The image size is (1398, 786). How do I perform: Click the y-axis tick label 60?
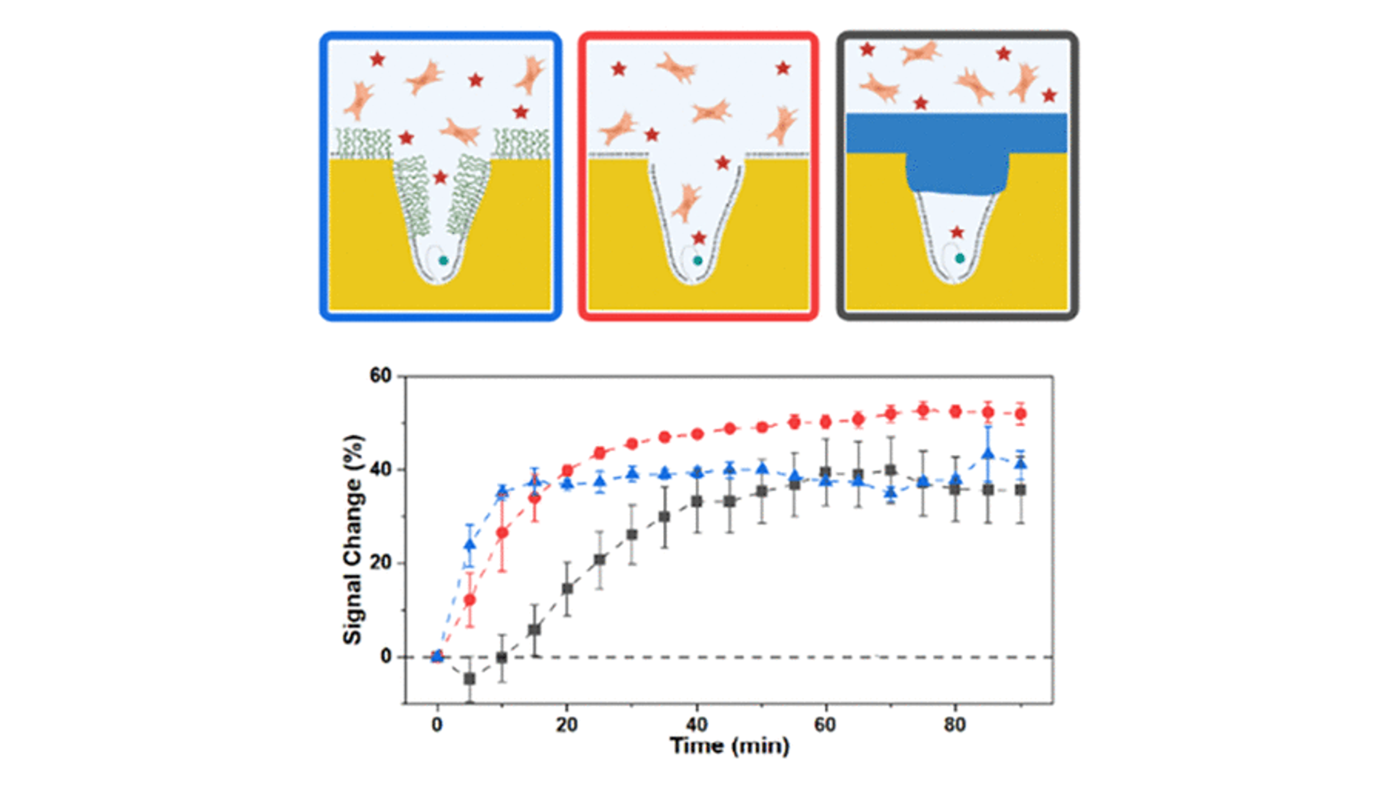pos(380,376)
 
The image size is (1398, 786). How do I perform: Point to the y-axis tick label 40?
pos(380,470)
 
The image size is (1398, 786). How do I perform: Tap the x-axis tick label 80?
pos(955,725)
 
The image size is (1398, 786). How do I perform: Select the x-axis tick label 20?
pos(566,725)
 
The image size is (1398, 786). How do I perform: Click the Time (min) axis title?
pos(730,746)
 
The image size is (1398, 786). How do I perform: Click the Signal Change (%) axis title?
pos(353,539)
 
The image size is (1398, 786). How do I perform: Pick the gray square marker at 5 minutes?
pos(470,679)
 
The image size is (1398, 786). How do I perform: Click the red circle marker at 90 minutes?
pos(1021,414)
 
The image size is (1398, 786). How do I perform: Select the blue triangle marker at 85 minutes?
pos(988,454)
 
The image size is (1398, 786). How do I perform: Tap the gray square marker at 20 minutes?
pos(567,589)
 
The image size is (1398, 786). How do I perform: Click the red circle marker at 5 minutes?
pos(470,600)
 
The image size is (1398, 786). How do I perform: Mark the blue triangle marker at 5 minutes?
pos(470,544)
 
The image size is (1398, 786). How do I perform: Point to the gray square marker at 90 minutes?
pos(1021,490)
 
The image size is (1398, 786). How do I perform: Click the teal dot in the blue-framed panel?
pos(443,261)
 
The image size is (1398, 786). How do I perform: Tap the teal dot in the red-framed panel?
pos(698,261)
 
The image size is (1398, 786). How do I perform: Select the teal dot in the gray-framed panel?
pos(960,258)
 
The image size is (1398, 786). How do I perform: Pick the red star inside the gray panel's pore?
pos(957,232)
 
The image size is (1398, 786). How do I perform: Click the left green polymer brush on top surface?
pos(363,143)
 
